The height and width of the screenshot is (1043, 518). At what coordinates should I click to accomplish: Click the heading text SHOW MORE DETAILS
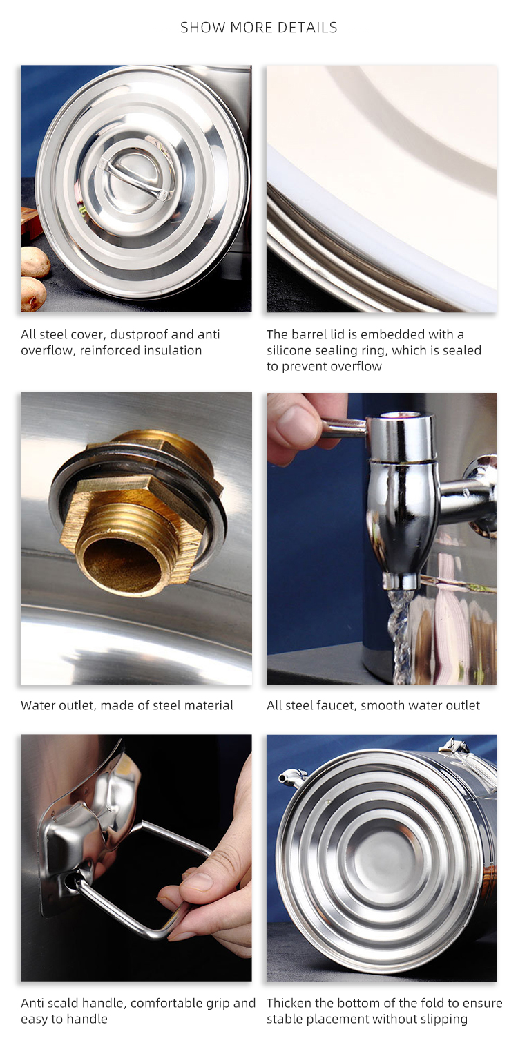click(x=258, y=28)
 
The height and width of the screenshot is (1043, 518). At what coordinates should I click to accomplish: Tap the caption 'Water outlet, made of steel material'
click(x=127, y=705)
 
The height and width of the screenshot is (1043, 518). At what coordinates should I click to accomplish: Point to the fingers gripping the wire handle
click(x=200, y=891)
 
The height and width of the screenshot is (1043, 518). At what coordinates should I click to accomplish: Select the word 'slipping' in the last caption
click(x=442, y=1019)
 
